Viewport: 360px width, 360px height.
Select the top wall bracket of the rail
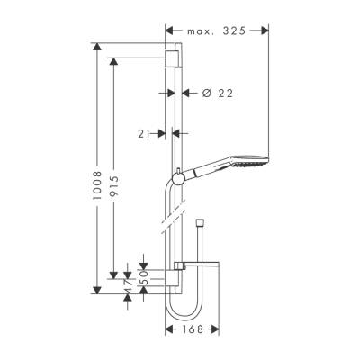point(173,61)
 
